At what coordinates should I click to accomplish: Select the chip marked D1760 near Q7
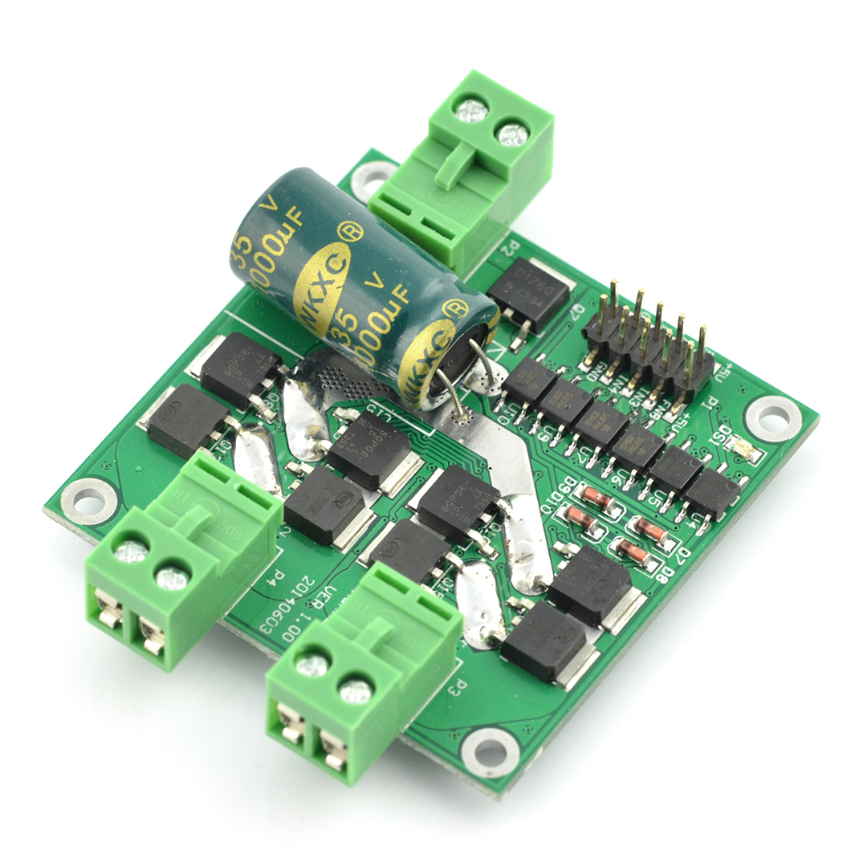[x=528, y=294]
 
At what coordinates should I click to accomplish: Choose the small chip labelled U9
[x=565, y=402]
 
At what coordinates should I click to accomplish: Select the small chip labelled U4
[x=712, y=492]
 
